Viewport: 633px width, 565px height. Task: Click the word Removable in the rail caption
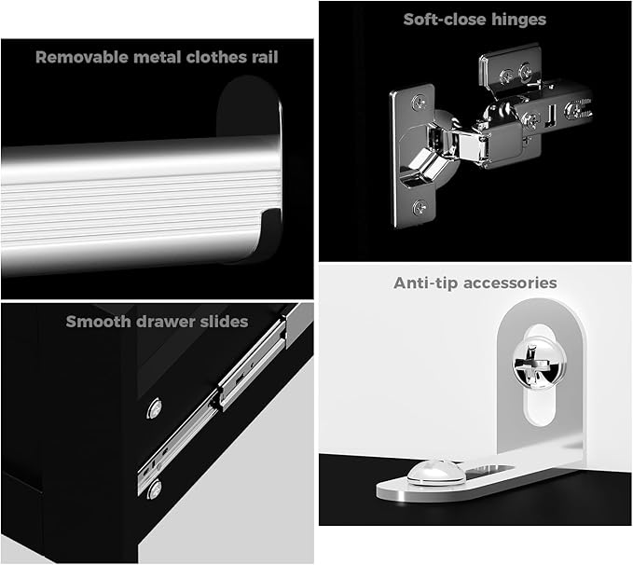pyautogui.click(x=82, y=57)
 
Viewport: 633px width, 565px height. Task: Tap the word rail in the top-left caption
pyautogui.click(x=265, y=57)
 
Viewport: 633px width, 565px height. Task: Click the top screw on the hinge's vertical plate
pyautogui.click(x=420, y=103)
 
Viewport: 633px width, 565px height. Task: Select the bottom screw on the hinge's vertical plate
pyautogui.click(x=420, y=208)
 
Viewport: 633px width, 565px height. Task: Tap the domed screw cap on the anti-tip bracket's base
pyautogui.click(x=436, y=472)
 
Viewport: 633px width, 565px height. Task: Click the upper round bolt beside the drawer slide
pyautogui.click(x=154, y=408)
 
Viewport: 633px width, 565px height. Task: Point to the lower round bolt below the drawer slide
pyautogui.click(x=154, y=489)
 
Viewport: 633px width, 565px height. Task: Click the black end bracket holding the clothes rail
pyautogui.click(x=250, y=170)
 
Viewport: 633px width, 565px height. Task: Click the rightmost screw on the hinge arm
pyautogui.click(x=576, y=110)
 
